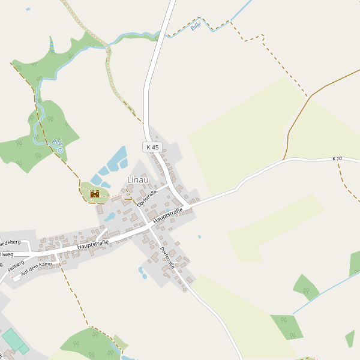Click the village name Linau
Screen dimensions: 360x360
[x=137, y=179]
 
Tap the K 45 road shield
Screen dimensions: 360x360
[x=152, y=147]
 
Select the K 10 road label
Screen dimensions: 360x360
[x=337, y=158]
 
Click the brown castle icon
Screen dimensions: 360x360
[x=94, y=194]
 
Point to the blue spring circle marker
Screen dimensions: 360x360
[x=60, y=151]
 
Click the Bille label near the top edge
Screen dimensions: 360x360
[x=196, y=27]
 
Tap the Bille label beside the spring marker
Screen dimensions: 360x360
[x=57, y=143]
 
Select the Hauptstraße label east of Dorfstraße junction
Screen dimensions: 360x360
[x=167, y=216]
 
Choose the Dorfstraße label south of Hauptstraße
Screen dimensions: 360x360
[x=167, y=257]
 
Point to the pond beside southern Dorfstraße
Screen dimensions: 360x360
[x=143, y=273]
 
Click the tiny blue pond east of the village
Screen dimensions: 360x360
[x=200, y=237]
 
